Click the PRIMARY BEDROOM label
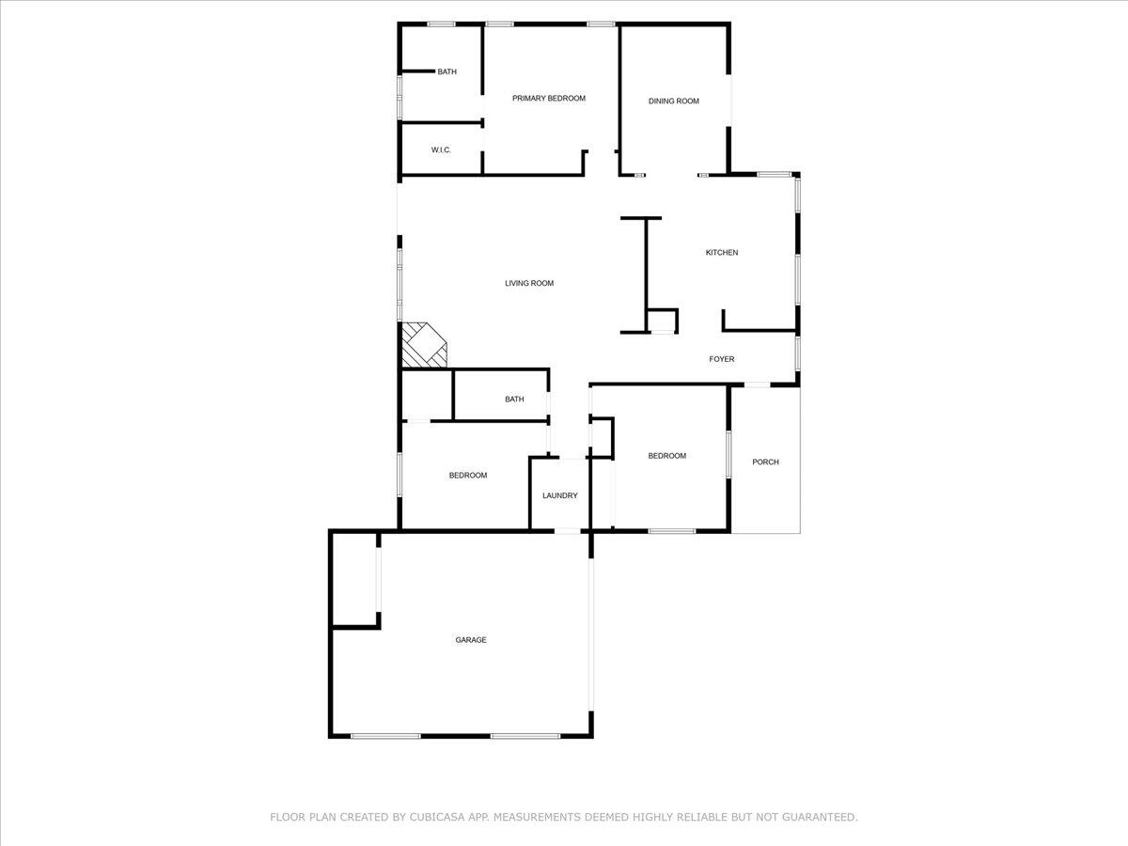[548, 98]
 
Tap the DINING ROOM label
[674, 101]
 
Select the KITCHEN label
[722, 252]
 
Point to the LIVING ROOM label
[529, 283]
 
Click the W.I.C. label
[441, 149]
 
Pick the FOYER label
[721, 359]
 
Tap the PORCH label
[765, 462]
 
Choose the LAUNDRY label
[559, 495]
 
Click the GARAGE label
[471, 640]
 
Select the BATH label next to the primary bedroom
[446, 71]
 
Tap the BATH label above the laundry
[514, 399]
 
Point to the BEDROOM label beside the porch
[666, 456]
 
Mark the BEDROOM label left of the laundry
[467, 476]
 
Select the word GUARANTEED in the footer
[819, 818]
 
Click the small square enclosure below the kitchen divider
[662, 321]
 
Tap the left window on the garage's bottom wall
[385, 735]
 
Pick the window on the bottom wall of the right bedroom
[671, 532]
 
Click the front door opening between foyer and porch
[757, 384]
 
